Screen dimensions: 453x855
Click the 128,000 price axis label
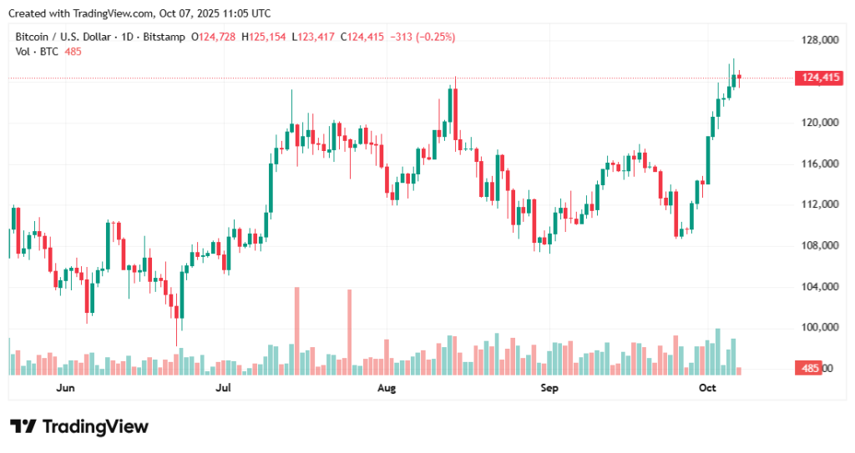pos(819,40)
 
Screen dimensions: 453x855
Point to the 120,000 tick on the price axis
pos(819,123)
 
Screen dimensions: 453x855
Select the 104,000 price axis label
pos(819,287)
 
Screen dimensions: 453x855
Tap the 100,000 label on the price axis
pos(819,328)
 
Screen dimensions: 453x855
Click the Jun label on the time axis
pos(65,389)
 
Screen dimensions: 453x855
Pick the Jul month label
pos(224,389)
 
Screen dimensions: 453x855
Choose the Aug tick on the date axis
pos(386,389)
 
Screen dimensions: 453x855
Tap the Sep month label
pos(549,389)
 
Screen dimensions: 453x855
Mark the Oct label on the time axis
pos(707,389)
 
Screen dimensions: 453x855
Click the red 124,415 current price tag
pos(821,78)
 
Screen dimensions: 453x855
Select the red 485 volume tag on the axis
pos(809,369)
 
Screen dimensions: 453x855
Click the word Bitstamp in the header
pos(164,37)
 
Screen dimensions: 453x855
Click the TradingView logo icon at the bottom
pos(23,426)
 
